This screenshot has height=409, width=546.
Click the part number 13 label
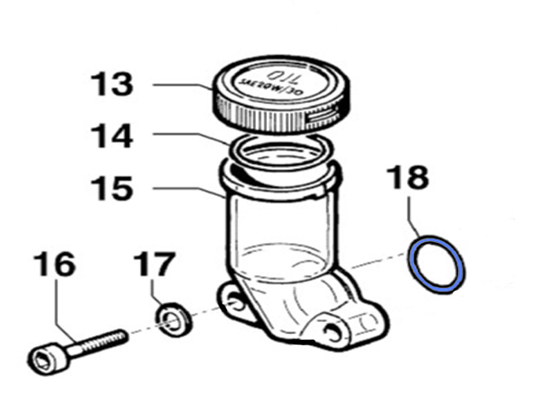112,84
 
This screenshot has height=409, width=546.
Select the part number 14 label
112,136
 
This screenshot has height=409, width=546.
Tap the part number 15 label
112,188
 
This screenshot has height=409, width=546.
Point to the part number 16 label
55,264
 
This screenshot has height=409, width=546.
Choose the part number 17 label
154,264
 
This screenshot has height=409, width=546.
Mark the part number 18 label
409,177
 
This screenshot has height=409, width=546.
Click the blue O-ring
437,265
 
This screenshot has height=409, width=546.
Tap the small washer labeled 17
173,320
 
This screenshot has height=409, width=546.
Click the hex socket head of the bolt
47,358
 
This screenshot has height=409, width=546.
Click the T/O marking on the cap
282,78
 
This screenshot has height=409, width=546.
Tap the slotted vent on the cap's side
323,115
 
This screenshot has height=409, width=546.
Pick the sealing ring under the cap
281,152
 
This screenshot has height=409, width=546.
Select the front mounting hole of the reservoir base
333,331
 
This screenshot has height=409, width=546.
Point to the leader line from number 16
66,310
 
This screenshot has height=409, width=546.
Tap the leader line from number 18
414,216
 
